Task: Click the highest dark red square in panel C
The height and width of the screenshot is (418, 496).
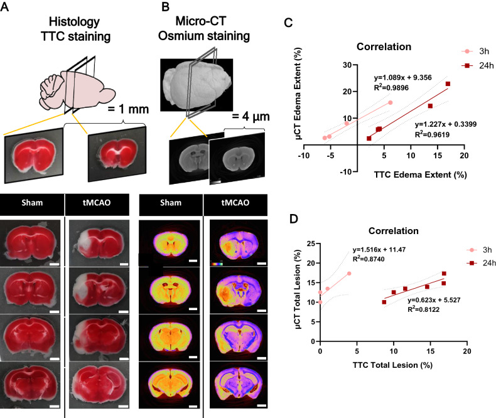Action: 448,84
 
